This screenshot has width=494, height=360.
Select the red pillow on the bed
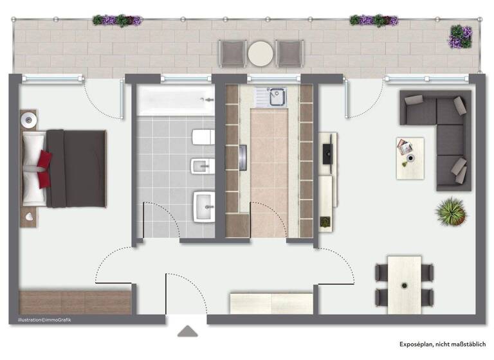pyautogui.click(x=43, y=169)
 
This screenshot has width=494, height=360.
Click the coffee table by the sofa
pyautogui.click(x=410, y=157)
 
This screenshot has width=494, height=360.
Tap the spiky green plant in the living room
pyautogui.click(x=450, y=211)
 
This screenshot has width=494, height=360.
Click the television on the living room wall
pyautogui.click(x=326, y=153)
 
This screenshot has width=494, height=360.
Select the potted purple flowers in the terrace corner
pyautogui.click(x=459, y=37)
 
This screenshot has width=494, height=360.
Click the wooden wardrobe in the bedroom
pyautogui.click(x=75, y=301)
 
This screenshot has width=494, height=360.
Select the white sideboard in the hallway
pyautogui.click(x=272, y=303)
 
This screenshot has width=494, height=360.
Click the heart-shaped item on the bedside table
pyautogui.click(x=30, y=219)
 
